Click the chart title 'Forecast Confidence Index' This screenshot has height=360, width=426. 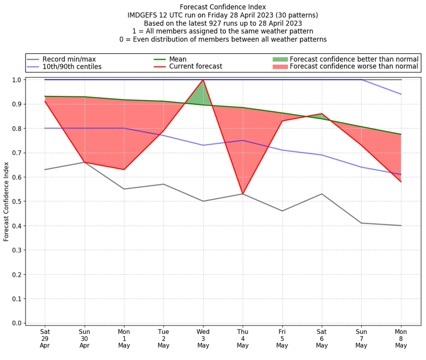pos(223,7)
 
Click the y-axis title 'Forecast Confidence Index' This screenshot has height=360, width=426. pos(6,201)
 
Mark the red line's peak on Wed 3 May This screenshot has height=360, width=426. pos(203,80)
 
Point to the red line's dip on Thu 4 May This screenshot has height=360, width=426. pos(243,194)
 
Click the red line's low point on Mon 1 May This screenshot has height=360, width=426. pos(124,169)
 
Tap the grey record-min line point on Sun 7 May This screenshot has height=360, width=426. pos(362,223)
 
